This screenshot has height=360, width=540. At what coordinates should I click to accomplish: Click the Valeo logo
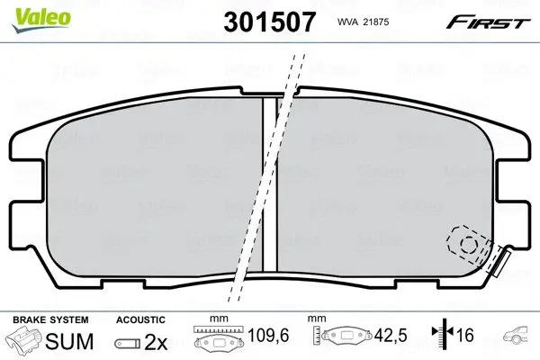coord(41,20)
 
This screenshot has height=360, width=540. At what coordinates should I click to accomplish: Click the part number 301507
coord(269,22)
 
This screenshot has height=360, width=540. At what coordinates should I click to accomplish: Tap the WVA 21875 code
coord(363,22)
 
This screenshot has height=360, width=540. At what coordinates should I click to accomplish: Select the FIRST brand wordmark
coord(488,22)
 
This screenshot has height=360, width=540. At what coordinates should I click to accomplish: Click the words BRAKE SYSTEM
coord(50,319)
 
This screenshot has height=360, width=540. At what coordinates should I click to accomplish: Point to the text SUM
coord(69,341)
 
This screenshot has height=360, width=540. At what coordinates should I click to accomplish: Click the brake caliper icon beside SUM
coord(23,339)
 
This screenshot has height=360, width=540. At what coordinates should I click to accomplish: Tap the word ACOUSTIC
coord(140,319)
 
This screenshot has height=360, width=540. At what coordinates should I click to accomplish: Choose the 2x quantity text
coord(156,342)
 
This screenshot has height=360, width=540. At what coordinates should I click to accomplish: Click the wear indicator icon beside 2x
coord(127,343)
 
